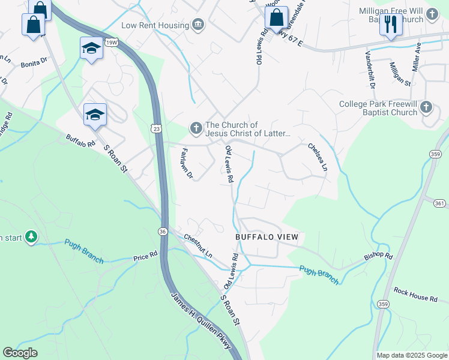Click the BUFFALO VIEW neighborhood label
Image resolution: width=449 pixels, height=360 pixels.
[267, 237]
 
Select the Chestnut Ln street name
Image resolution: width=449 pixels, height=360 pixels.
[198, 246]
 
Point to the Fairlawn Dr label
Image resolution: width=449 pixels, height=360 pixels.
[186, 164]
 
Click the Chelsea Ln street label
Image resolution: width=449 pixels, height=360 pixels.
[318, 157]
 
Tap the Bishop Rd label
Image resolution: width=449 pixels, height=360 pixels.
[378, 256]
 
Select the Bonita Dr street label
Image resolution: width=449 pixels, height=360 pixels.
[34, 62]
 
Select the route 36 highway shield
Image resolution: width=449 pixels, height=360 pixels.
[163, 231]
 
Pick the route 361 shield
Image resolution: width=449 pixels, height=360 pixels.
[440, 204]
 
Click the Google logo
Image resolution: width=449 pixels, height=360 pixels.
[20, 353]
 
